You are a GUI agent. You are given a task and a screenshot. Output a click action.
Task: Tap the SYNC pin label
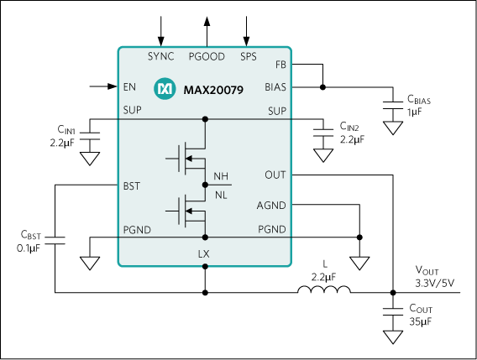pyautogui.click(x=161, y=57)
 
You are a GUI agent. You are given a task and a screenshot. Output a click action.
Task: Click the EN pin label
pyautogui.click(x=129, y=86)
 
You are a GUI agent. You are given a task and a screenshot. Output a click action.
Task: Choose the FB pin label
pyautogui.click(x=280, y=65)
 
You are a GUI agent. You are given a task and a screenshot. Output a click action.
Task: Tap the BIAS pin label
pyautogui.click(x=275, y=86)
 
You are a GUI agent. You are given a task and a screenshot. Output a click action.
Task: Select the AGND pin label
pyautogui.click(x=271, y=206)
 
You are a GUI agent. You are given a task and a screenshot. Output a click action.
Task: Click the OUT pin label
pyautogui.click(x=275, y=175)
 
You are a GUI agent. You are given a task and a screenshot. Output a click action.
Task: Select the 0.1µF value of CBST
pyautogui.click(x=31, y=248)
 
